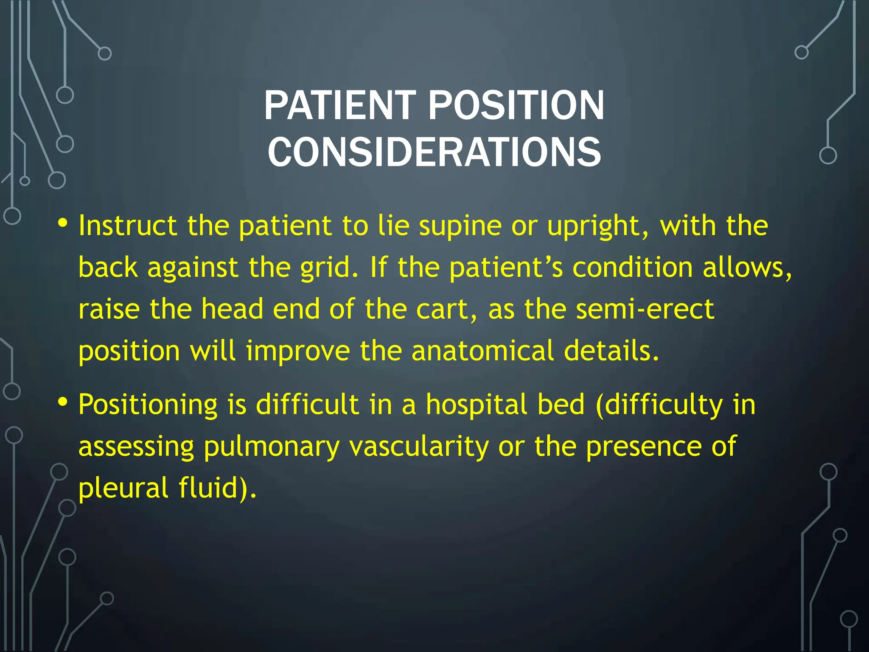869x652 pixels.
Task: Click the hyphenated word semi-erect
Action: pos(645,309)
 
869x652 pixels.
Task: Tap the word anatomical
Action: pos(483,351)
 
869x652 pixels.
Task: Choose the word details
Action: pos(611,351)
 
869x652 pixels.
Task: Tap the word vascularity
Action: pos(419,447)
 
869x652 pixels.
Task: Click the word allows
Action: pos(747,268)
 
